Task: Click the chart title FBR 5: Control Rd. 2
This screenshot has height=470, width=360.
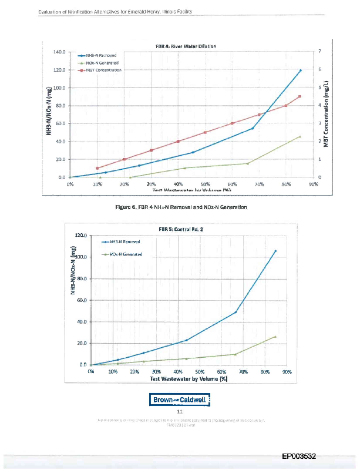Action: click(x=181, y=229)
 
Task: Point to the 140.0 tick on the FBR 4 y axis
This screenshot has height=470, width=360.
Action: click(x=60, y=52)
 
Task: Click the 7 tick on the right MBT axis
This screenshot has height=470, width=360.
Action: click(x=319, y=52)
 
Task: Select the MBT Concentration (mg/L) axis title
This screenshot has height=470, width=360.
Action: click(x=326, y=114)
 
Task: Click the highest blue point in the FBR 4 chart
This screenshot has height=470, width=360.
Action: click(x=300, y=70)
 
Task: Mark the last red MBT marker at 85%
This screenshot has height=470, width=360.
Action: click(x=300, y=96)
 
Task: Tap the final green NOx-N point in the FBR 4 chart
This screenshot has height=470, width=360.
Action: click(x=300, y=136)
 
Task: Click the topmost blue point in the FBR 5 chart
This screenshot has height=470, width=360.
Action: click(x=275, y=251)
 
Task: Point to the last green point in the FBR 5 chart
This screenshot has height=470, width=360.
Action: click(x=275, y=337)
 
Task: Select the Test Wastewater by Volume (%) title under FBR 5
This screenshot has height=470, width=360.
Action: click(x=189, y=379)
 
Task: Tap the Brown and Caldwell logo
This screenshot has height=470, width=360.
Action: click(x=180, y=401)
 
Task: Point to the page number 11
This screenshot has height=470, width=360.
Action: click(x=180, y=412)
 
